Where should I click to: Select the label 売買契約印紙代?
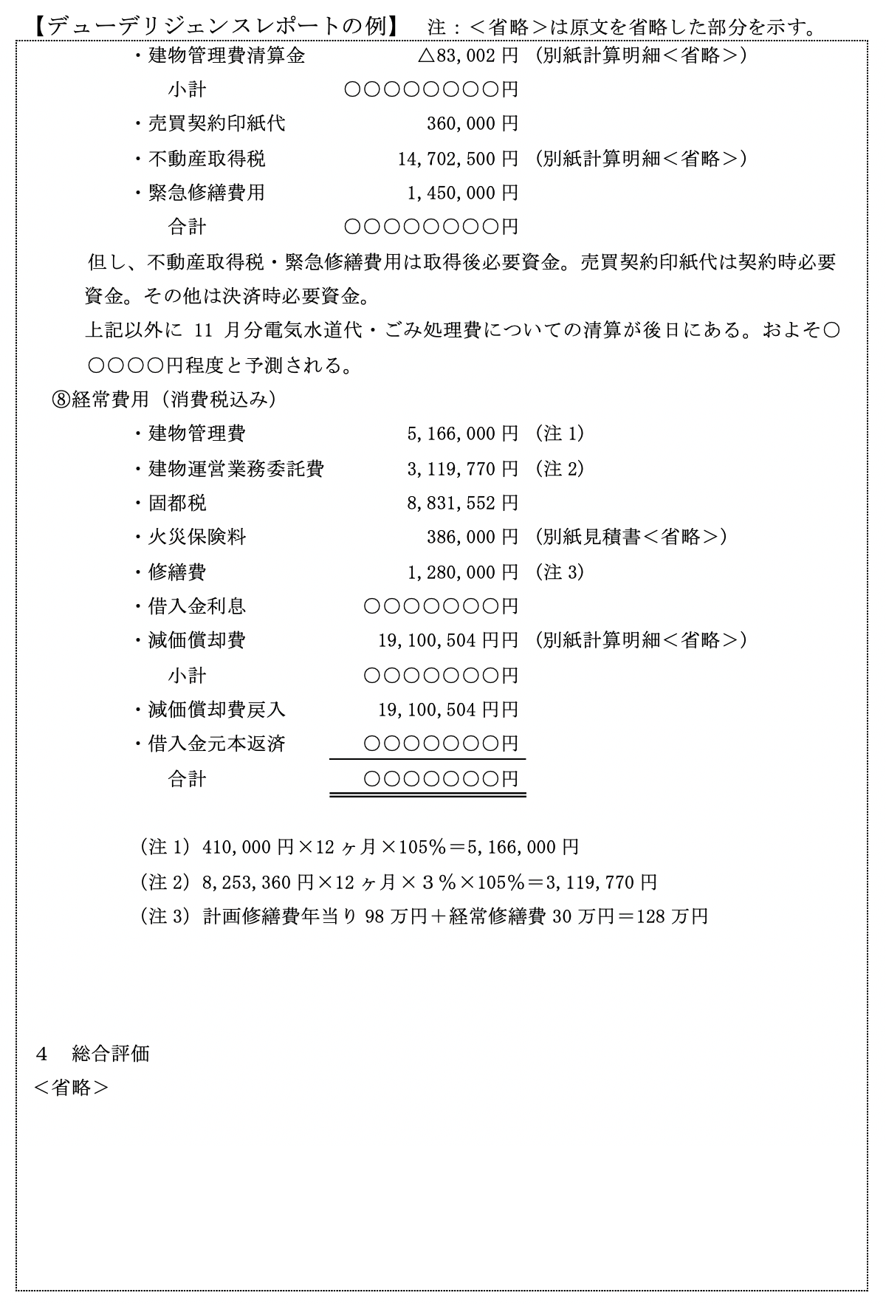click(216, 124)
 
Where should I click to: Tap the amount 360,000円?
click(473, 124)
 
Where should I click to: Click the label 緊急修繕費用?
click(206, 193)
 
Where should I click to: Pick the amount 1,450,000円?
click(463, 193)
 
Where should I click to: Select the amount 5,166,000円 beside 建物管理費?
click(463, 434)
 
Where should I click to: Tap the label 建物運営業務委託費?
click(236, 469)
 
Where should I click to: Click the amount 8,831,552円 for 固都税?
click(463, 504)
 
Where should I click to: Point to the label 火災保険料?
click(196, 538)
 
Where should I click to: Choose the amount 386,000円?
click(473, 538)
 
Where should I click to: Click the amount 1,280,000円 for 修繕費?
click(463, 572)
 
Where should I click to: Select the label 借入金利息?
click(196, 607)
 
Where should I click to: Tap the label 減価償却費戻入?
click(216, 710)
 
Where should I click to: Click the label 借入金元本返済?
click(216, 744)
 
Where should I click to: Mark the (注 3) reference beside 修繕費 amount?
click(559, 572)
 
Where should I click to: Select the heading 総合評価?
click(111, 1054)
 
